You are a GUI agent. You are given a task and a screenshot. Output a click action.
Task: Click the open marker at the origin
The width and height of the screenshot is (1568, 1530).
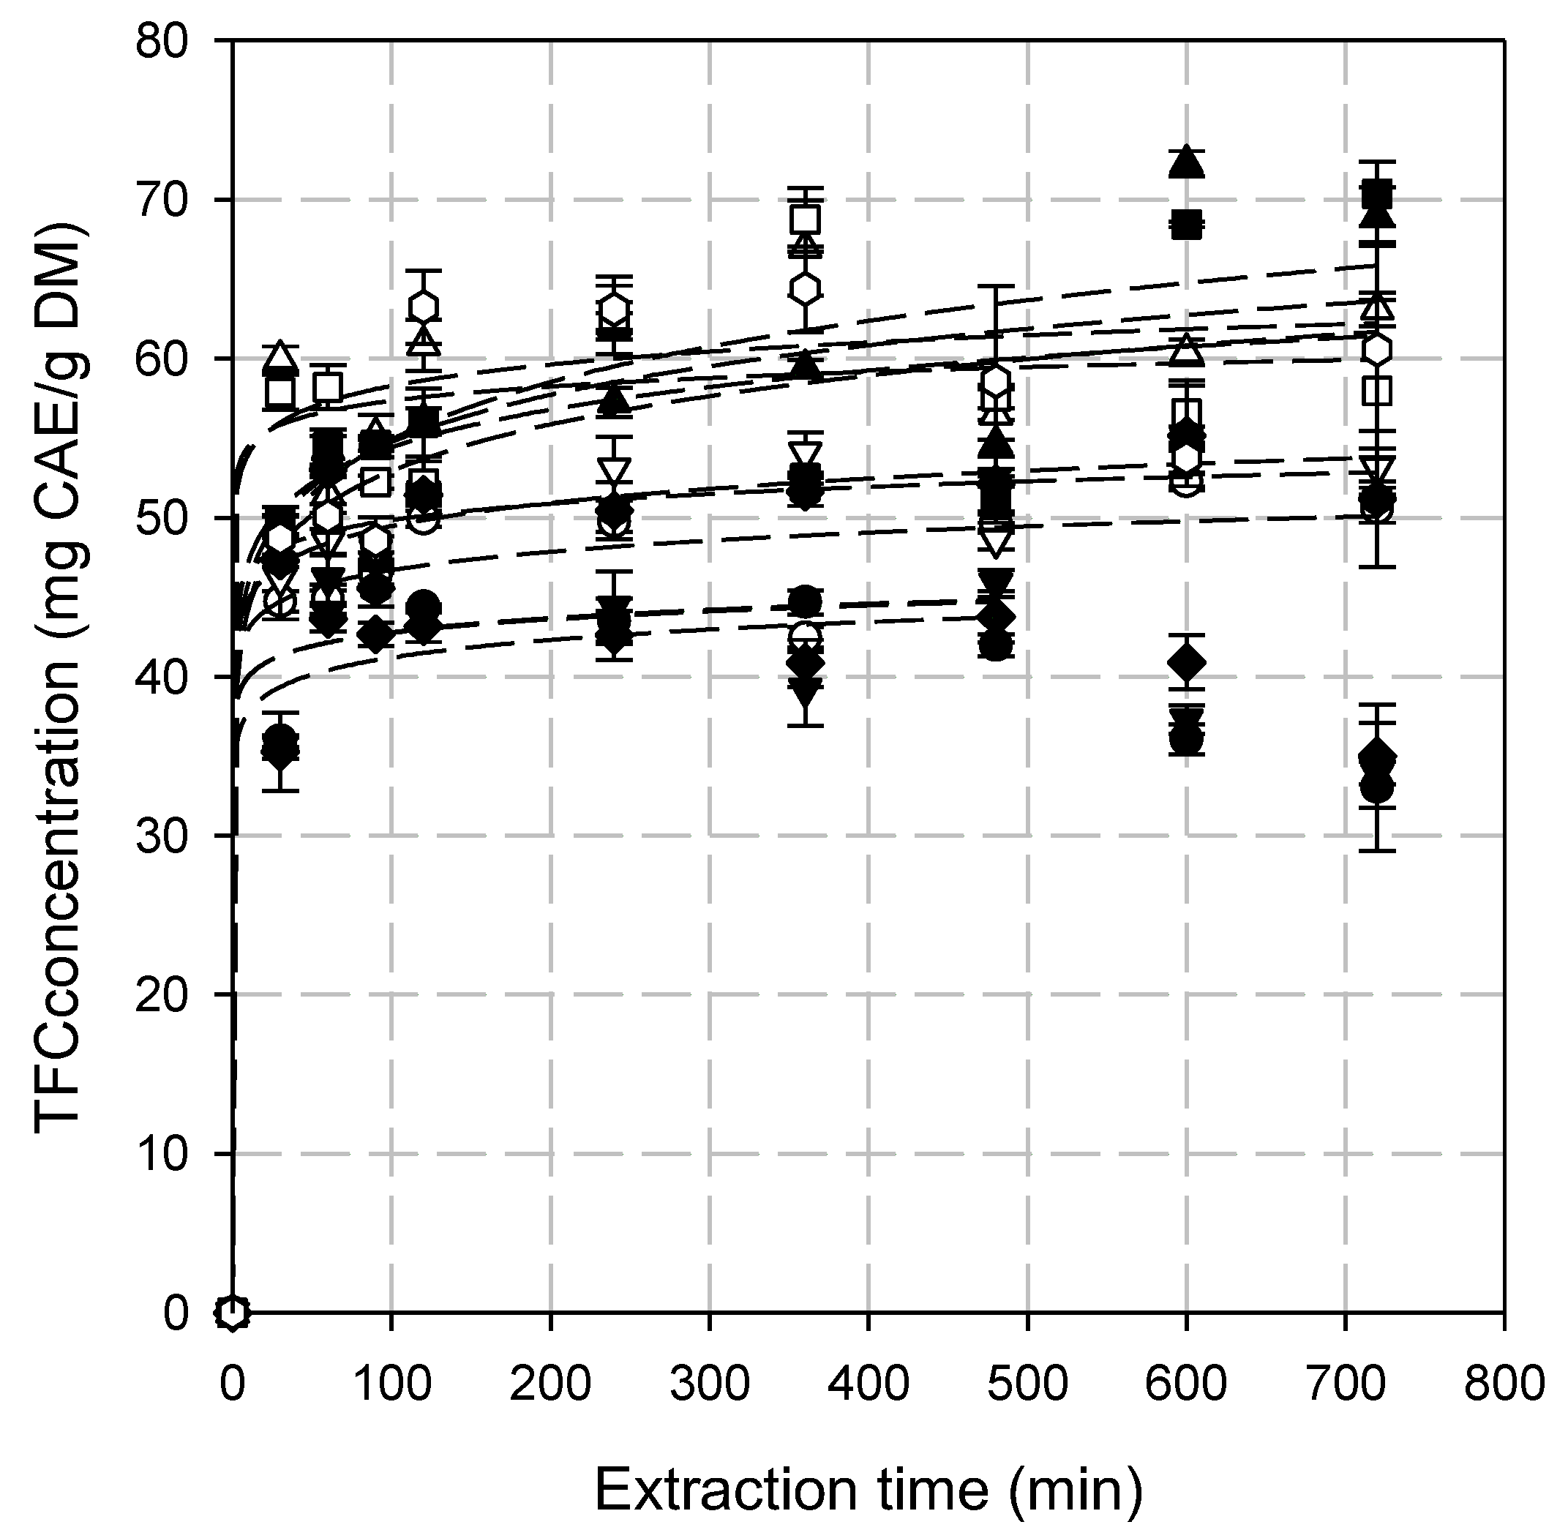(232, 1312)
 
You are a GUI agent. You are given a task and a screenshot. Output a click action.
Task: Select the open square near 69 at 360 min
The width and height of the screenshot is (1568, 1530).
(806, 219)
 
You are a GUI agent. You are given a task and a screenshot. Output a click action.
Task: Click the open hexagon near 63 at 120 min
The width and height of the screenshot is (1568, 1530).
(424, 307)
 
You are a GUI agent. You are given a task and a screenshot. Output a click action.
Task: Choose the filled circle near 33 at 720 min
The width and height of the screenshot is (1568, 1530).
(1378, 787)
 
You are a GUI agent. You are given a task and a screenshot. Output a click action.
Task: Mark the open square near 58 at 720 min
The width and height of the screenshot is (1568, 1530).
(1378, 391)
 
